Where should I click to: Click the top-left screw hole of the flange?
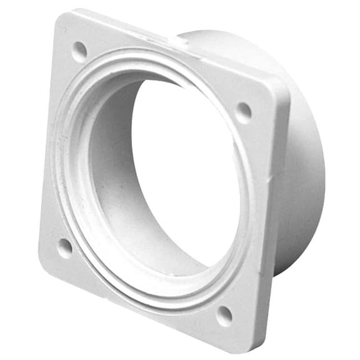point(79,50)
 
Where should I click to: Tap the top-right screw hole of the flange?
point(243,112)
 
